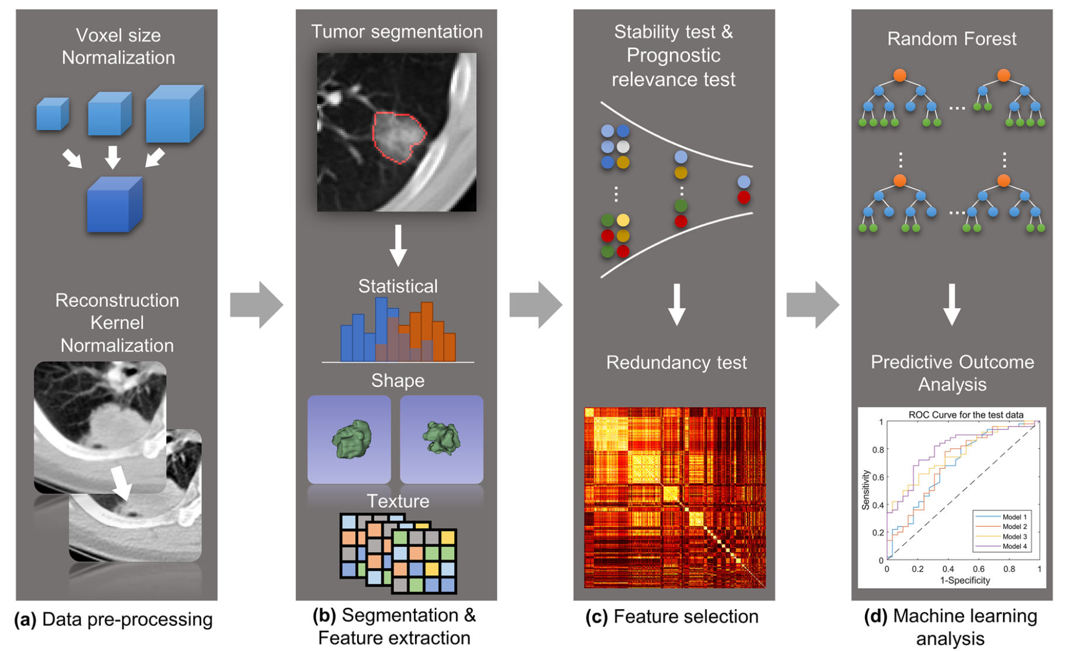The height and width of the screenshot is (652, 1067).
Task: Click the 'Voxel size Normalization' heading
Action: (118, 46)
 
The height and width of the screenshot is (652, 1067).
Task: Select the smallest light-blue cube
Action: (52, 114)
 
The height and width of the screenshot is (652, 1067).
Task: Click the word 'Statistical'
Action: (398, 286)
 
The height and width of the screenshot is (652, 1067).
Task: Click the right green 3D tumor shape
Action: (442, 438)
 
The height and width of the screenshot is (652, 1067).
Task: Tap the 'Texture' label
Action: (398, 501)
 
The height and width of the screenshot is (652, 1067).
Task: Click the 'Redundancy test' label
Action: (676, 362)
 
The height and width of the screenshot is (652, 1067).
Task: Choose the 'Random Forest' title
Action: (951, 39)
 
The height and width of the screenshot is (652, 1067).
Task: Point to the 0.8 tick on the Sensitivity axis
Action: (878, 449)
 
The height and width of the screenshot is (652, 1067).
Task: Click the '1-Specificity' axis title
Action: (965, 580)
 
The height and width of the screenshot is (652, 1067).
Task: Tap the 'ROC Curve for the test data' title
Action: (966, 415)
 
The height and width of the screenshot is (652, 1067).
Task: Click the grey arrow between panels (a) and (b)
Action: (256, 304)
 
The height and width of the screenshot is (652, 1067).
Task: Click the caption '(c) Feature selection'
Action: (672, 617)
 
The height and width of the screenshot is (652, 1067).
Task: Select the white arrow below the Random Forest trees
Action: (952, 304)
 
